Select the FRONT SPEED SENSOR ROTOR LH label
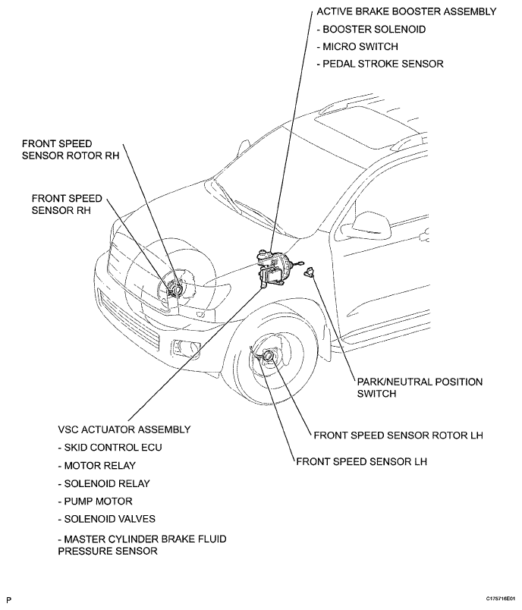399,435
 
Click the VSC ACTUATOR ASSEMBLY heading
124,429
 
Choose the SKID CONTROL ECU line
110,447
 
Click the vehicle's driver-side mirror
371,222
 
